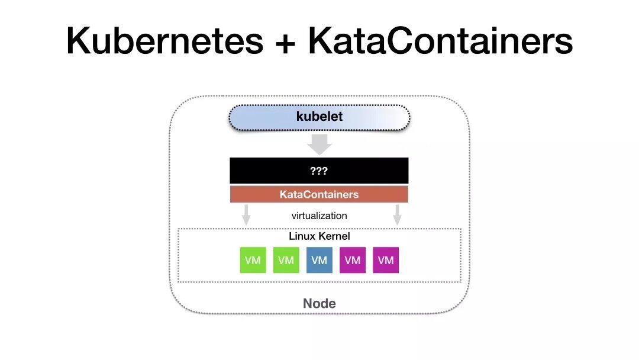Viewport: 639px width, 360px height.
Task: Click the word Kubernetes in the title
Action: pos(165,41)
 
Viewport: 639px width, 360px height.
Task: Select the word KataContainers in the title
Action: pos(440,41)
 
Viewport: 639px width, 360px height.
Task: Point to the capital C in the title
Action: pos(395,41)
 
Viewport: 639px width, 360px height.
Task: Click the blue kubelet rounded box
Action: pos(319,117)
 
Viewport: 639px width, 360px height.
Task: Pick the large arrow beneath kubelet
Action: pos(319,144)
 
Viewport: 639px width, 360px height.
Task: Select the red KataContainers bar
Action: pos(319,194)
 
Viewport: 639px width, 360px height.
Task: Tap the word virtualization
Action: pos(319,216)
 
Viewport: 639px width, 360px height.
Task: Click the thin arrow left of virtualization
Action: pos(246,214)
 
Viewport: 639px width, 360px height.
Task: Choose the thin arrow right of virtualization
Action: pos(398,214)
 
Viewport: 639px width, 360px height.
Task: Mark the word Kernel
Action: pos(334,236)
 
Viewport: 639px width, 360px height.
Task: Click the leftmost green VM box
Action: pos(253,261)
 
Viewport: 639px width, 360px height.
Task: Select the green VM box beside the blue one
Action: pos(286,261)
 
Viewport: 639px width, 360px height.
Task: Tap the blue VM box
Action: pos(319,261)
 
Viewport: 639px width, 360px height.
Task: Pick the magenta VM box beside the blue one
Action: pos(352,261)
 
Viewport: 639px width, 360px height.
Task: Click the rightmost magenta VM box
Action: pos(386,261)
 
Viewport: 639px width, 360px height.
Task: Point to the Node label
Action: pos(319,304)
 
